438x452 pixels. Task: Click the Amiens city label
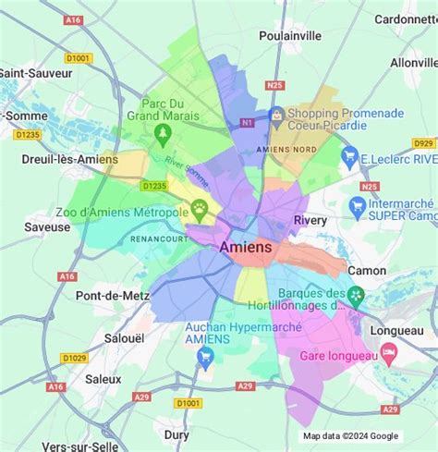246,248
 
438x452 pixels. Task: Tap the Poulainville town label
289,35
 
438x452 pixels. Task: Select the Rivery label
310,221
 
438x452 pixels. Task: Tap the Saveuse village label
47,226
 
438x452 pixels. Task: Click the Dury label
176,434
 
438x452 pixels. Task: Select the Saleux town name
103,378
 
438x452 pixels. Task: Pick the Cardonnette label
406,18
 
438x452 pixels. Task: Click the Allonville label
413,63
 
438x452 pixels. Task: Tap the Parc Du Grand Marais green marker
164,136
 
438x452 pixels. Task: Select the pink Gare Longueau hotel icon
389,352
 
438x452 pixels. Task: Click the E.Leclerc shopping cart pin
348,157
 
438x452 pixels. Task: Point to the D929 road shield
423,143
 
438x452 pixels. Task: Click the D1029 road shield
74,358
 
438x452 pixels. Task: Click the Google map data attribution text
351,436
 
